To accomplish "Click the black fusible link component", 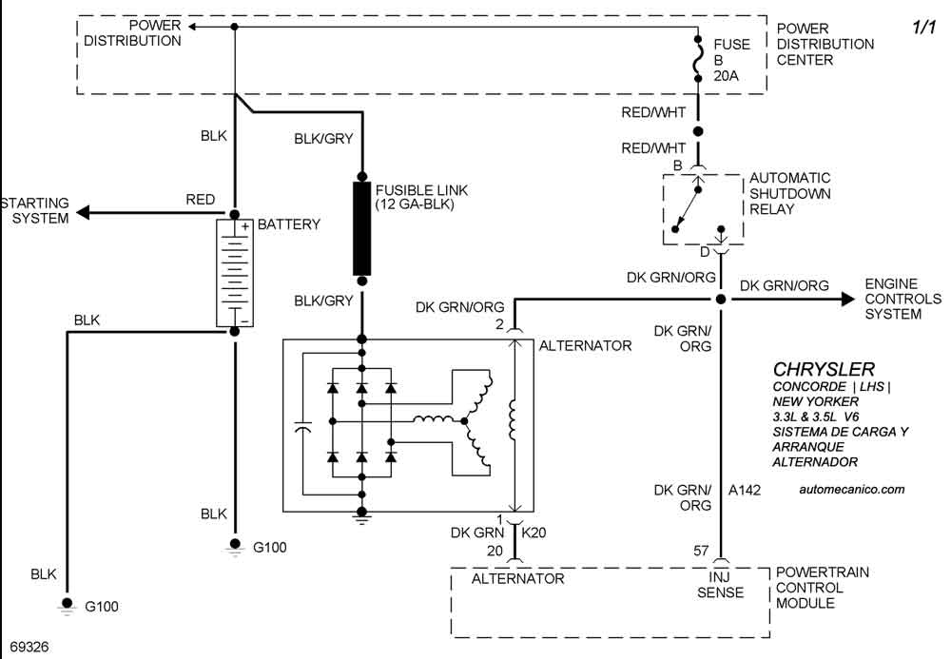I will click(361, 228).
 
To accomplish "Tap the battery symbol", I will click(234, 274).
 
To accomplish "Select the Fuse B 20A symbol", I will click(699, 60).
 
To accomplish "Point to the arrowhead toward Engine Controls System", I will click(845, 300).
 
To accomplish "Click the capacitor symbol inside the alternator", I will click(303, 430).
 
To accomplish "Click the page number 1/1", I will click(925, 29).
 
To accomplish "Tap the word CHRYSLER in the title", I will click(824, 369).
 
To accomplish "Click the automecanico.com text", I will click(853, 490).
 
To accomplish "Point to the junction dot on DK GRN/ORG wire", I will click(721, 300).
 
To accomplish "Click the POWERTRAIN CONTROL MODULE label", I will click(824, 588).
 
